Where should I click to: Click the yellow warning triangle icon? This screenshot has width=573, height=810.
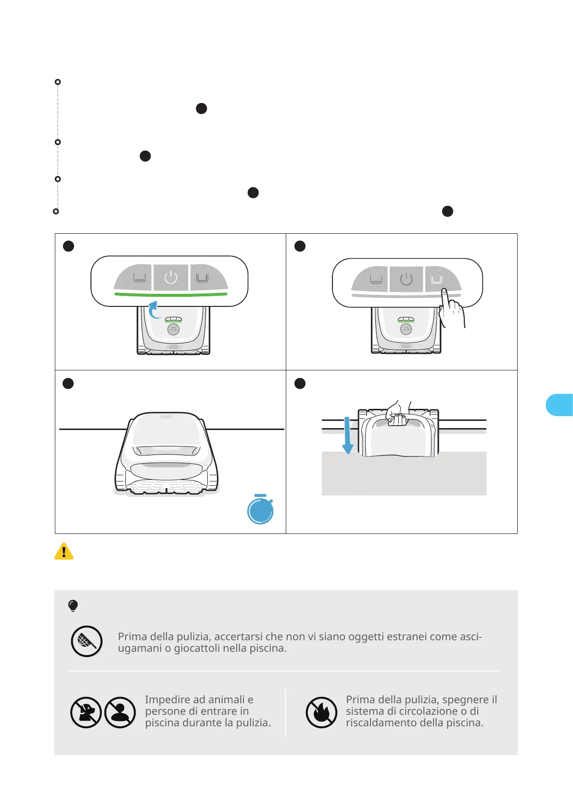point(64,551)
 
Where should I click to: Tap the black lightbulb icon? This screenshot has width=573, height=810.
point(73,606)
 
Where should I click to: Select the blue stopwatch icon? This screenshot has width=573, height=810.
point(260,510)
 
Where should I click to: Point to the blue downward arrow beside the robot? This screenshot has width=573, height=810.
point(347,436)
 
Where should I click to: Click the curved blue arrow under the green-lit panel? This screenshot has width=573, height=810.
point(154,310)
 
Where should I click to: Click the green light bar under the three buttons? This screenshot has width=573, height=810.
point(171,294)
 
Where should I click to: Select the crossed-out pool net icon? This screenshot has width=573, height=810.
point(87,641)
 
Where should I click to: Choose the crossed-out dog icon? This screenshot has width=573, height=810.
point(86,712)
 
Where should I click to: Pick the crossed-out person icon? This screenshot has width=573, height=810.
point(120,712)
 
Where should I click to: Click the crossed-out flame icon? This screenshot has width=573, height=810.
point(321,712)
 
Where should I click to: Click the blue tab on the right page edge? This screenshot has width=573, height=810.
point(560,405)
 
